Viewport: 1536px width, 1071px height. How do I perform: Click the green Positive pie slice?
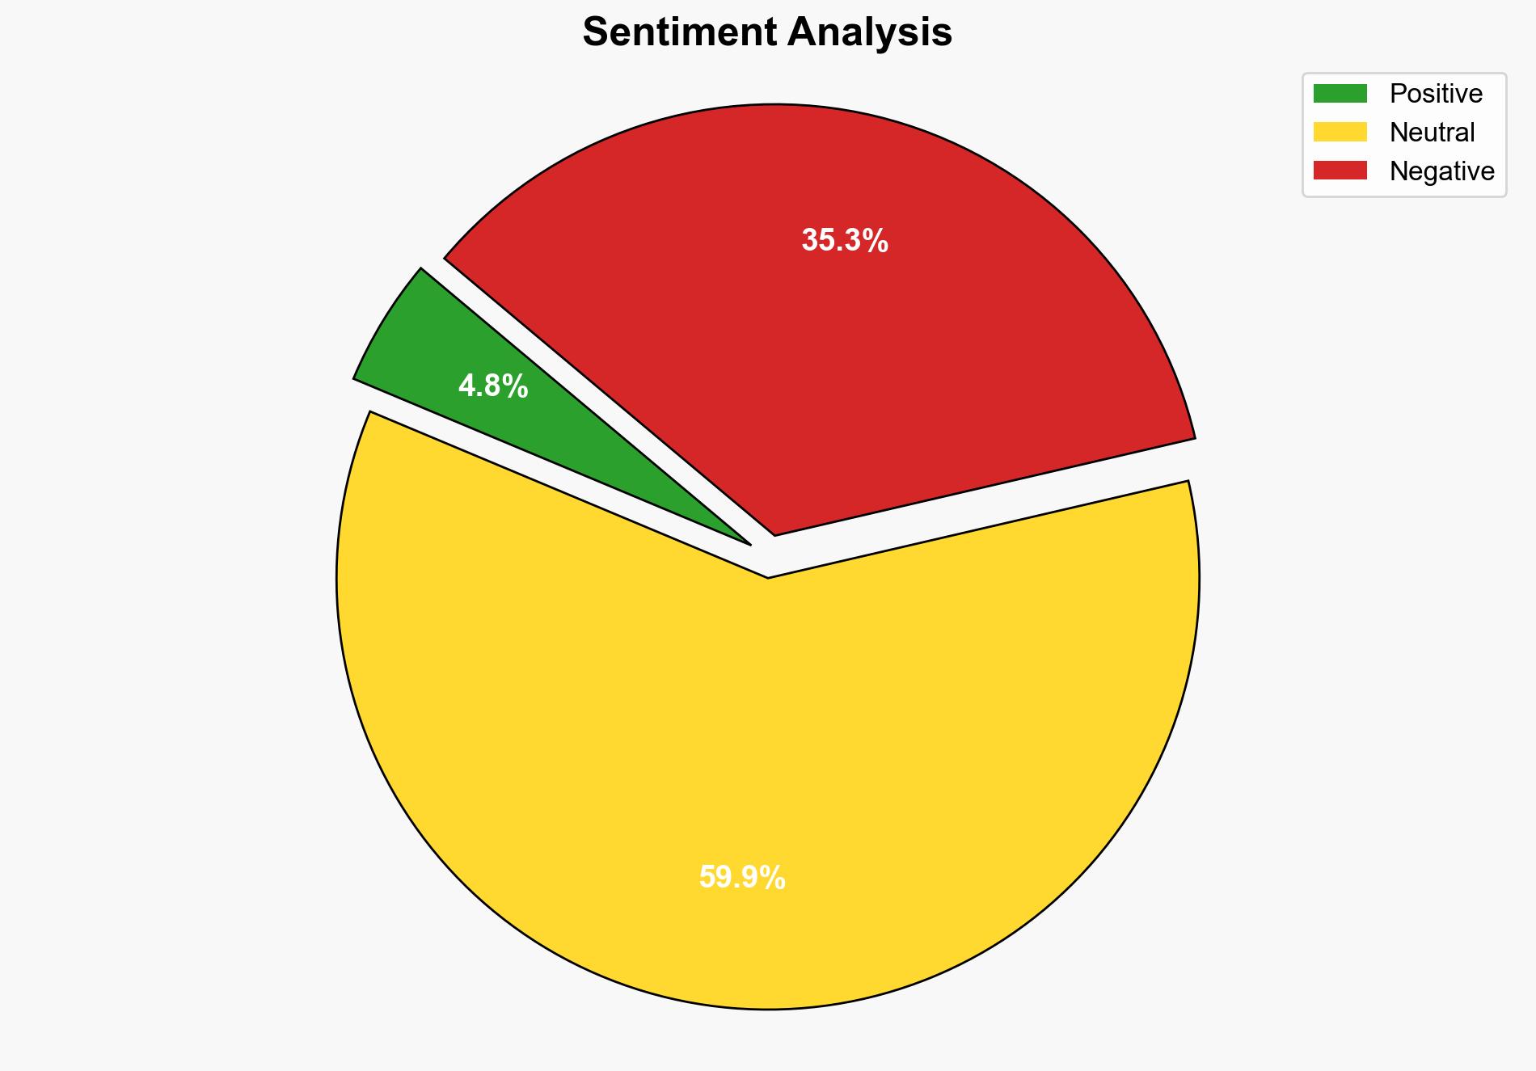[x=453, y=356]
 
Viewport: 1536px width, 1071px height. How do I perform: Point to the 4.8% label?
[x=493, y=386]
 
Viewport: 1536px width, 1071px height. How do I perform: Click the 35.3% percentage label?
[x=845, y=241]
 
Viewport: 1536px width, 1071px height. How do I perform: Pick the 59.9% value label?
[x=742, y=878]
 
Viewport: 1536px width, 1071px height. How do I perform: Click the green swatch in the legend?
[x=1340, y=94]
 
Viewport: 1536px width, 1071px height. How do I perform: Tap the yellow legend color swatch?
[x=1340, y=132]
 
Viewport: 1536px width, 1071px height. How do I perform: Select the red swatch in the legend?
[x=1340, y=171]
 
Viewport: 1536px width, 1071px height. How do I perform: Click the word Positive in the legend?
[x=1436, y=94]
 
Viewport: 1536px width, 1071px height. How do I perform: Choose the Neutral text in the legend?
[x=1432, y=133]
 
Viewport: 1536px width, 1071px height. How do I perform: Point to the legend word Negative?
[x=1441, y=171]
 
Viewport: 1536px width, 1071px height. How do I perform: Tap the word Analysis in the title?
[x=870, y=32]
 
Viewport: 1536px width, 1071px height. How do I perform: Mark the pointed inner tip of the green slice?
[x=749, y=543]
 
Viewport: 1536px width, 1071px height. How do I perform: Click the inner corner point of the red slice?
[x=774, y=534]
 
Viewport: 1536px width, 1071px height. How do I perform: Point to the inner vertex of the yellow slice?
[x=768, y=577]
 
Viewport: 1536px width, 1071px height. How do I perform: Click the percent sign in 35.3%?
[x=876, y=241]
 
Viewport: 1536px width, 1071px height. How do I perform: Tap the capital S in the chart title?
[x=595, y=32]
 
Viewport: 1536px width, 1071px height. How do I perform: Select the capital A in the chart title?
[x=800, y=32]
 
